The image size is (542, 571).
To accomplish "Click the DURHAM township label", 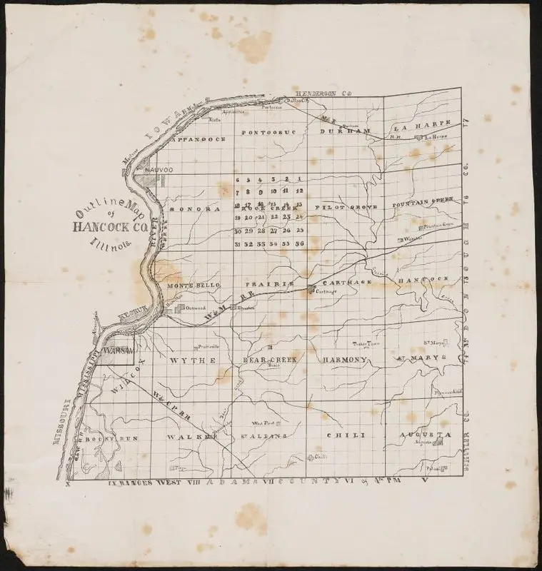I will coord(345,132).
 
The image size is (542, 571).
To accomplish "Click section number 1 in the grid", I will coord(300,178).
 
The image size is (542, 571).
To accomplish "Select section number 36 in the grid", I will coord(300,244).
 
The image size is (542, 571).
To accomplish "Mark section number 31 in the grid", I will coord(236,244).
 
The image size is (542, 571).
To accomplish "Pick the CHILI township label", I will coord(346,435).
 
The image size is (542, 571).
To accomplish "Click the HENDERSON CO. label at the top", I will coord(326,93).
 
